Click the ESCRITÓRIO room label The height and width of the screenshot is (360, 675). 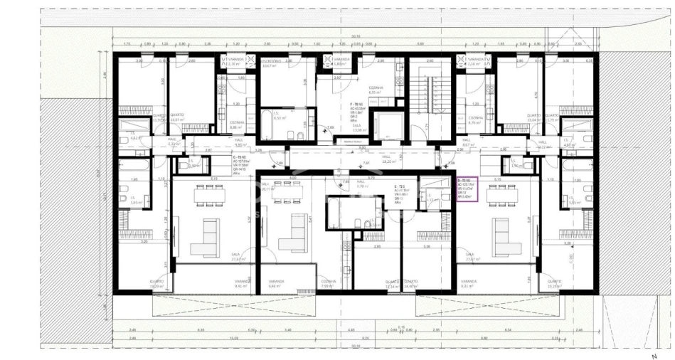(270, 65)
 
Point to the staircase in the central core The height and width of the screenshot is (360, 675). (430, 100)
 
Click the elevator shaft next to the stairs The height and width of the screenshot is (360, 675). (388, 126)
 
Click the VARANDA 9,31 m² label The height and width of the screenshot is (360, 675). (468, 284)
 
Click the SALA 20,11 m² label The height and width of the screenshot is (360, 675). (268, 187)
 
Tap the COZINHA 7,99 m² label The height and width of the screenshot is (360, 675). (328, 284)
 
